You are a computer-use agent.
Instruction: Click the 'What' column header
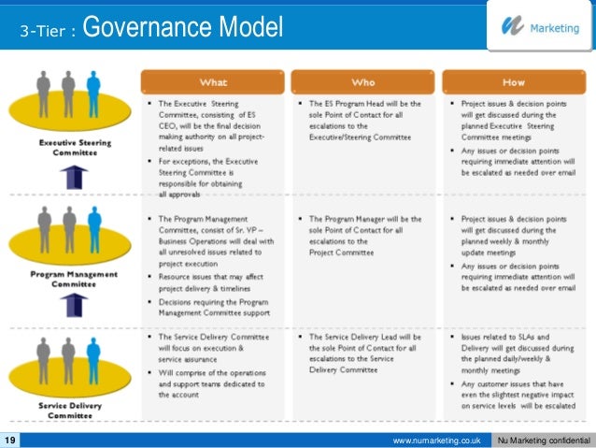coord(214,81)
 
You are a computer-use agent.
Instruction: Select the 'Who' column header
coord(363,81)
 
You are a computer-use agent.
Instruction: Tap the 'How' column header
coord(515,81)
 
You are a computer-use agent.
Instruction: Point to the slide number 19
coord(10,440)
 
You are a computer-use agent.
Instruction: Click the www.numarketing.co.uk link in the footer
coord(437,440)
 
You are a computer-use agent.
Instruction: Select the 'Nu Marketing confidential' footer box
coord(544,440)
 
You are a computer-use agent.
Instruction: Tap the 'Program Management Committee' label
coord(74,279)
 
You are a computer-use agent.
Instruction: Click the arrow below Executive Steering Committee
coord(78,177)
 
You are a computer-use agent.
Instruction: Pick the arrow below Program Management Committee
coord(78,306)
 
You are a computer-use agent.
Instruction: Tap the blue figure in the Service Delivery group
coord(93,356)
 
